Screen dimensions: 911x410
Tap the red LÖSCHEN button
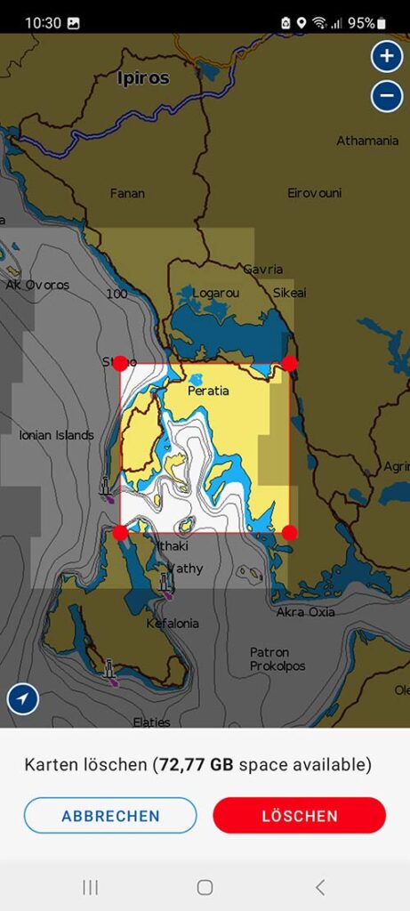click(299, 815)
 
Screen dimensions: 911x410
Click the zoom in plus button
click(386, 57)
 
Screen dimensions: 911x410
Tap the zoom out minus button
click(386, 94)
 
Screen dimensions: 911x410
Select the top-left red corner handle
click(120, 363)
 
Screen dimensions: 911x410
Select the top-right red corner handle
click(289, 363)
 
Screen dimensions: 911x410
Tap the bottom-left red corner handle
click(120, 532)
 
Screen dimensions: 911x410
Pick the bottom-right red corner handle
click(289, 532)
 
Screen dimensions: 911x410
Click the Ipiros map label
click(143, 78)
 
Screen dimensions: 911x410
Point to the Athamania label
click(367, 141)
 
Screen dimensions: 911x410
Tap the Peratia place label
click(208, 391)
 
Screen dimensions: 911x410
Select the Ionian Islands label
click(56, 435)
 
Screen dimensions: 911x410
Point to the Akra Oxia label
click(305, 612)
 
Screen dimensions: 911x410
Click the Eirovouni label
click(314, 193)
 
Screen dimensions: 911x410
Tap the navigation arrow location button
click(23, 699)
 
